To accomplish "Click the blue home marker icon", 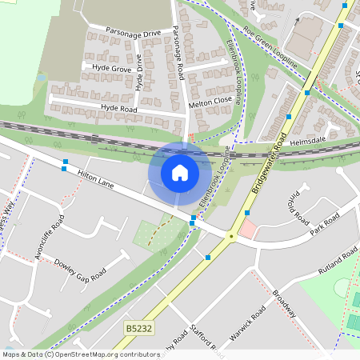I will [x=180, y=172].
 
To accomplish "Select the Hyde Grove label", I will [x=111, y=70].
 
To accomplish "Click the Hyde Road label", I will [x=119, y=106].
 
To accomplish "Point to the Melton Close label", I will [x=210, y=102].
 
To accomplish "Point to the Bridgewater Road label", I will [x=270, y=163].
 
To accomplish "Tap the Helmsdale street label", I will [x=308, y=141].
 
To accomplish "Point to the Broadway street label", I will [x=285, y=302].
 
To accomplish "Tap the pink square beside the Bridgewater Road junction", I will [x=249, y=230].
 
